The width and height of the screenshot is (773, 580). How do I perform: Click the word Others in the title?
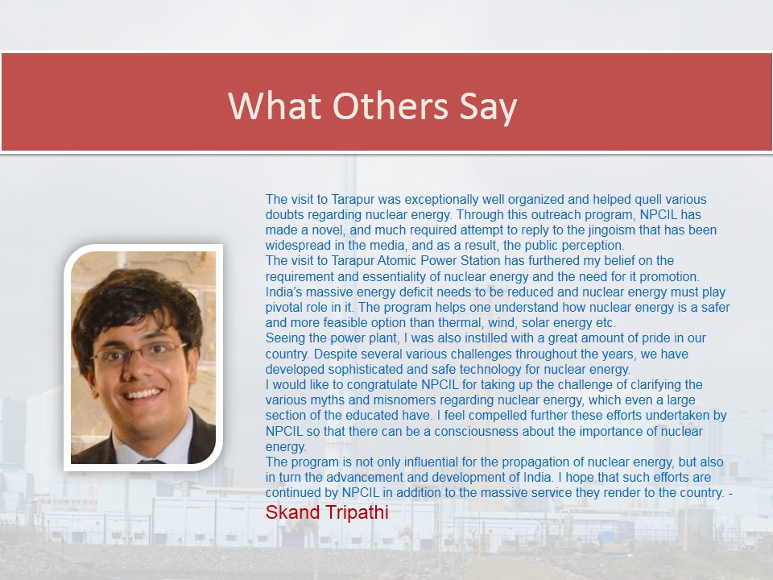391,106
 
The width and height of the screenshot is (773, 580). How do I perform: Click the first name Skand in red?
293,512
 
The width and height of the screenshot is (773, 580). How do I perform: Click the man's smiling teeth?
143,394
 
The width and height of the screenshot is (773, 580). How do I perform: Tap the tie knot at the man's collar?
151,462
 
